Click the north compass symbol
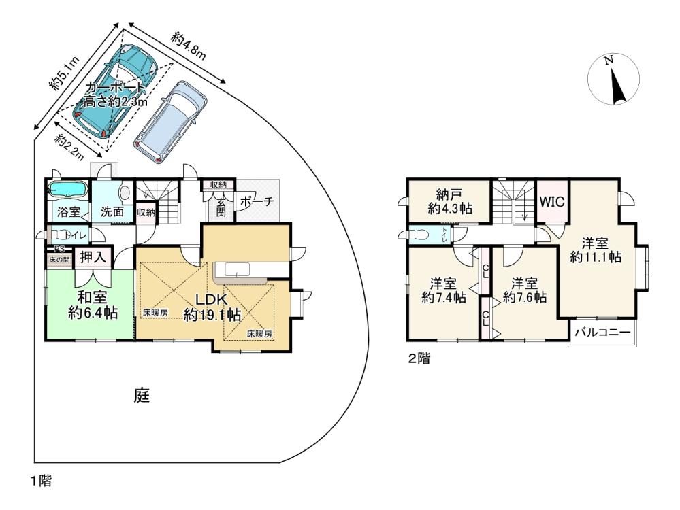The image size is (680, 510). (613, 80)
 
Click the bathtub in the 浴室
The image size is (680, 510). (67, 189)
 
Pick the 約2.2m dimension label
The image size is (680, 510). (69, 146)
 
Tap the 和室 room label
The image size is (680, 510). (93, 297)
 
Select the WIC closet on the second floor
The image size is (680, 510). (552, 201)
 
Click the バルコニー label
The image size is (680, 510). (602, 333)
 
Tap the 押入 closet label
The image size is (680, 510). (93, 257)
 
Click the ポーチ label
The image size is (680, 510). (257, 201)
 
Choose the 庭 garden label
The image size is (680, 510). (142, 396)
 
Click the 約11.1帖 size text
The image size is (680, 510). (596, 258)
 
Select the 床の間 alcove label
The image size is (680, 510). (58, 260)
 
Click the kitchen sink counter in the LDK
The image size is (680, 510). (241, 273)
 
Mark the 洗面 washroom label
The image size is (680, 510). (112, 212)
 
